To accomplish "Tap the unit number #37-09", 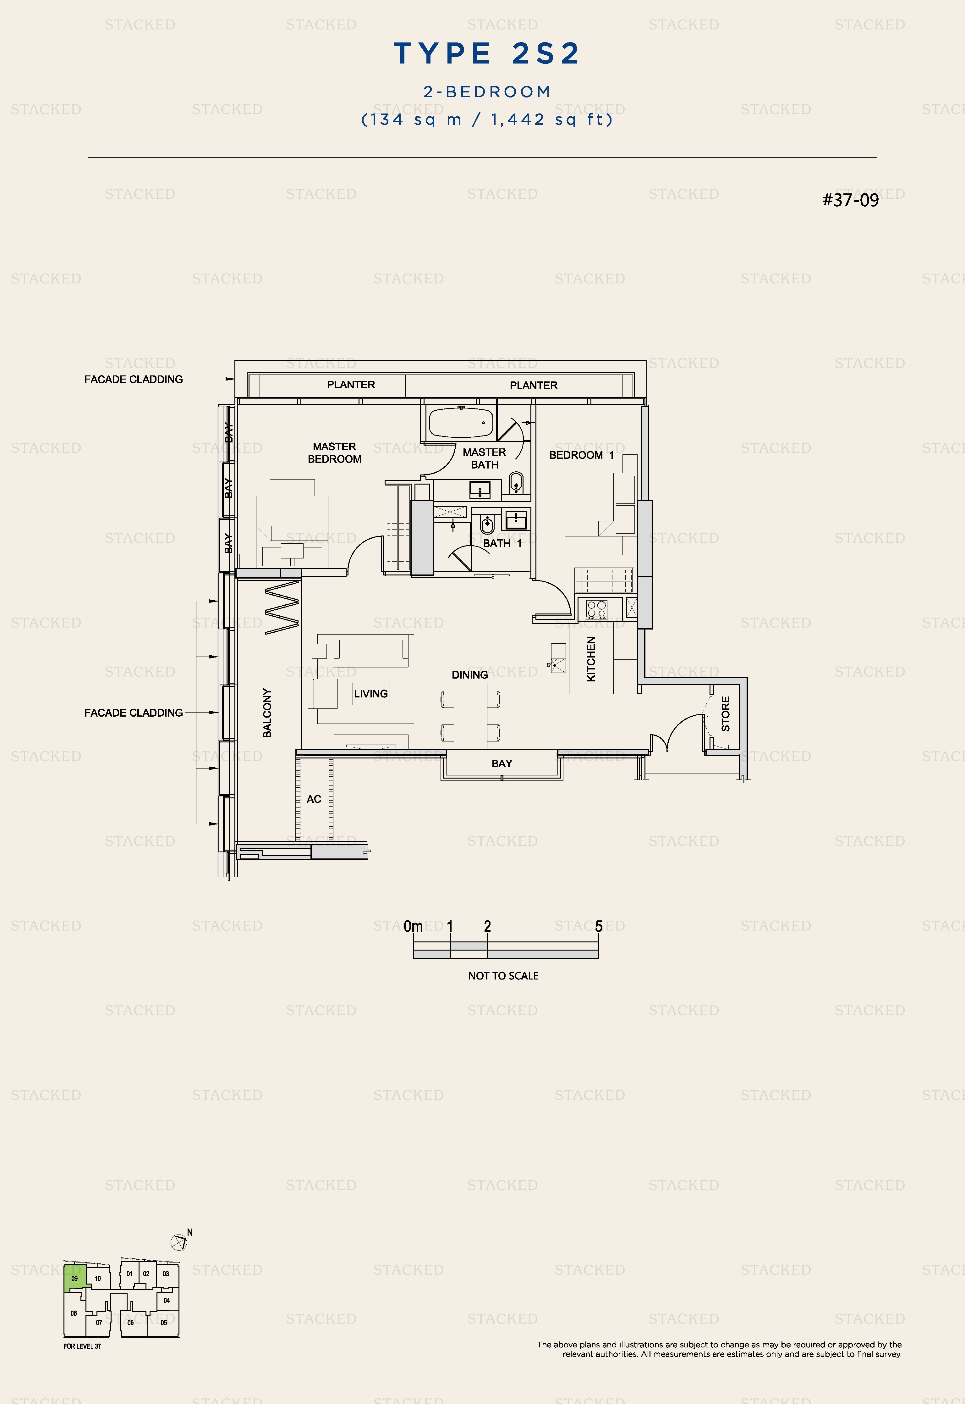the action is click(850, 200).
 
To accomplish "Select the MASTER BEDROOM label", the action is click(334, 452).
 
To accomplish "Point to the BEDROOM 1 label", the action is click(581, 455).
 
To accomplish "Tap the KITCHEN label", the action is click(591, 659).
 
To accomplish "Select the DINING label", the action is click(470, 674).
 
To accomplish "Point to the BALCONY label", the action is click(267, 713).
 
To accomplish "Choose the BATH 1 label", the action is click(502, 543).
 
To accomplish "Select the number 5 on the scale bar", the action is click(599, 926).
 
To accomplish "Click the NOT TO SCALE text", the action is click(503, 976).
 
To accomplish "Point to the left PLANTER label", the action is click(351, 385).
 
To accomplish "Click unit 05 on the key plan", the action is click(164, 1322).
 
